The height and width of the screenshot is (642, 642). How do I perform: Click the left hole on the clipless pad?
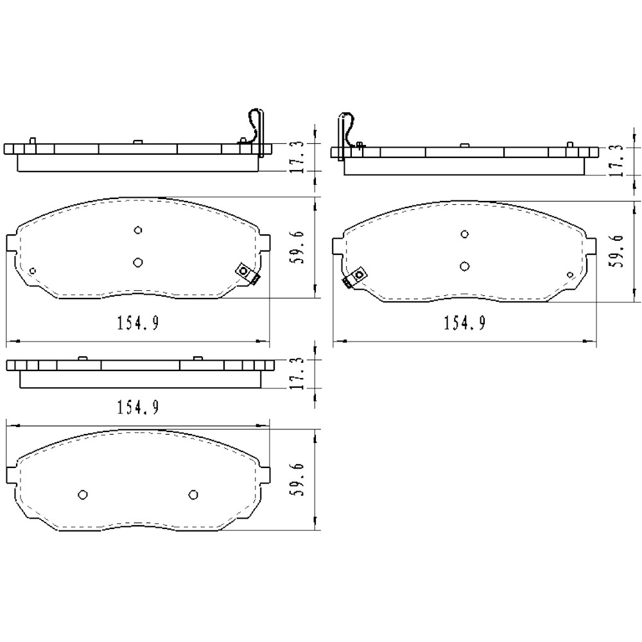click(82, 494)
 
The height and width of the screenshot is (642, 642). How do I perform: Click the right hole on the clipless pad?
click(193, 494)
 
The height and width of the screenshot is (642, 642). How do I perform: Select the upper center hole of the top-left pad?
click(137, 230)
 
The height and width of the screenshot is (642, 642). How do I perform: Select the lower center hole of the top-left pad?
click(137, 261)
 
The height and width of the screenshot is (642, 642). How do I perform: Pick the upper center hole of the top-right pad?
click(465, 234)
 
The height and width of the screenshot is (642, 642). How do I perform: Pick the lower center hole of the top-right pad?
click(465, 266)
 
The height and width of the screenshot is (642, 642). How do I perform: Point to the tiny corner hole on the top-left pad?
click(33, 270)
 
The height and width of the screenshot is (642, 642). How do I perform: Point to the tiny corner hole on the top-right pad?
click(570, 275)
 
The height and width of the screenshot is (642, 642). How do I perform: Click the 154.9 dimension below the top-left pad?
click(137, 323)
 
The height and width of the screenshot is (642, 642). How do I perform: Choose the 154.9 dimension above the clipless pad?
click(137, 407)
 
